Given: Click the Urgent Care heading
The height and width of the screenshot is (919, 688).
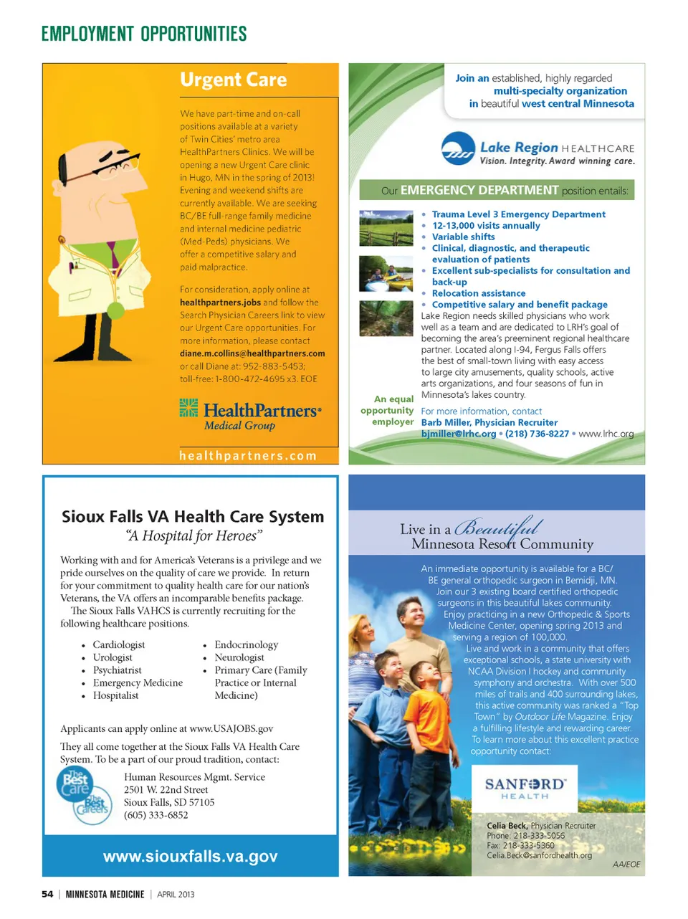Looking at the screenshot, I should pyautogui.click(x=233, y=80).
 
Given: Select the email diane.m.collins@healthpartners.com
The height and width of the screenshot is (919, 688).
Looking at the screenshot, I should pyautogui.click(x=252, y=353).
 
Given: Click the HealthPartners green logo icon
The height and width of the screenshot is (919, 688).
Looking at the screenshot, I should pyautogui.click(x=188, y=408).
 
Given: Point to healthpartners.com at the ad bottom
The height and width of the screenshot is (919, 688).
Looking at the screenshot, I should pyautogui.click(x=248, y=456).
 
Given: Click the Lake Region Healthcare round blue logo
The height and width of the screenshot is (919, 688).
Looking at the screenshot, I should pyautogui.click(x=458, y=149).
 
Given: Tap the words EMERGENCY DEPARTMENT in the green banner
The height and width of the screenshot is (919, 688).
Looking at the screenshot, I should pyautogui.click(x=479, y=190).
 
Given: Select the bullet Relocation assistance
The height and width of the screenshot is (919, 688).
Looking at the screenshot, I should pyautogui.click(x=478, y=293).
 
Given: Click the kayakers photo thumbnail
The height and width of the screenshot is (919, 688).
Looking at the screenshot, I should pyautogui.click(x=386, y=273).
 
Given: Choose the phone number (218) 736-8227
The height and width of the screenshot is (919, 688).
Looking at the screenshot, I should pyautogui.click(x=537, y=434).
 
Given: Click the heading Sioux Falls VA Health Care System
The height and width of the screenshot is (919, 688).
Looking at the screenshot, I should pyautogui.click(x=193, y=517).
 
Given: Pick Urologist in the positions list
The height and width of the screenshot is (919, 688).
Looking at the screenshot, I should pyautogui.click(x=113, y=657).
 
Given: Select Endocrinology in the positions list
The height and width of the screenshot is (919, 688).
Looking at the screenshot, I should pyautogui.click(x=246, y=645).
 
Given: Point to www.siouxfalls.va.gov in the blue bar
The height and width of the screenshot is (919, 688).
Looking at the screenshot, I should pyautogui.click(x=190, y=857).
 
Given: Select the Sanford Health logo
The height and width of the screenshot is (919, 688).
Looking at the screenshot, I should pyautogui.click(x=525, y=788).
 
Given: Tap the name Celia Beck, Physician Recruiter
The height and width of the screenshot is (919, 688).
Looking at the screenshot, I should pyautogui.click(x=541, y=826).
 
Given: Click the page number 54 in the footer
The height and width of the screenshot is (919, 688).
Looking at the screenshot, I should pyautogui.click(x=47, y=894).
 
